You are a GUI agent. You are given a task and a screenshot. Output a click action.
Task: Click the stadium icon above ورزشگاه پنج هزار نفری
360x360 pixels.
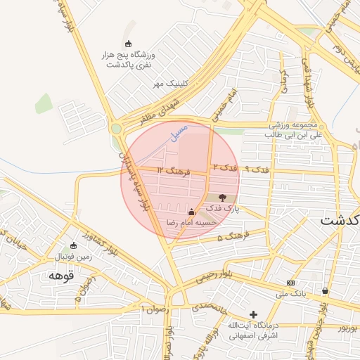[127, 44]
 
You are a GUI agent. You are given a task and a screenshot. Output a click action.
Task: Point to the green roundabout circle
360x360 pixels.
[116, 129]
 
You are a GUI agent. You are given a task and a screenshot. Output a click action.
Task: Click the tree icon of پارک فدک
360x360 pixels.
[222, 199]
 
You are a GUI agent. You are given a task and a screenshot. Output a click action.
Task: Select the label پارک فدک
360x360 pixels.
[226, 210]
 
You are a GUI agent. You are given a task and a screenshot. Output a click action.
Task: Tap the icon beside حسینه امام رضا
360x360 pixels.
[191, 212]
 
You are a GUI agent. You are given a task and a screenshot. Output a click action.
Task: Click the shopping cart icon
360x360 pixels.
[325, 290]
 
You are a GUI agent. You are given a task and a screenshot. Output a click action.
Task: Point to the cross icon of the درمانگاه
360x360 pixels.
[253, 314]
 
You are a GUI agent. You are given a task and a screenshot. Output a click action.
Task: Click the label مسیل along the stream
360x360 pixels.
[179, 130]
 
